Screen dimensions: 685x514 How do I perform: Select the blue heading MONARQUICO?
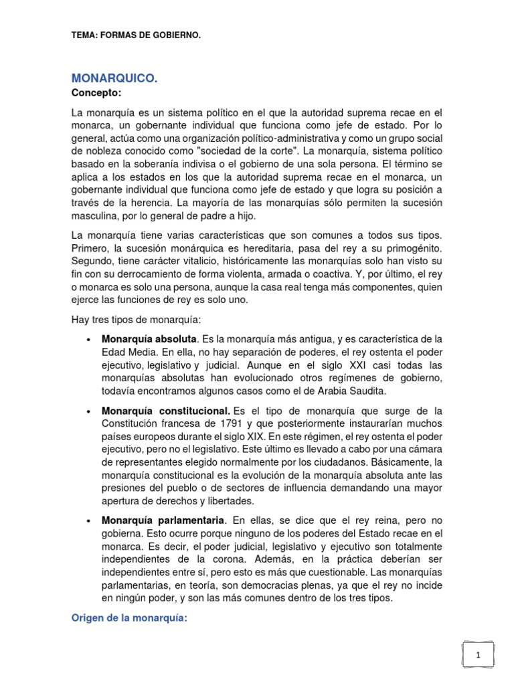[x=114, y=79]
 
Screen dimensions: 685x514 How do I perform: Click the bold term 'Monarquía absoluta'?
[x=149, y=338]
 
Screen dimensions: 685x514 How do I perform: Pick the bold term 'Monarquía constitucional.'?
[x=166, y=409]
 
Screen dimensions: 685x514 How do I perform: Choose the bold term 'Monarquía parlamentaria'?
[x=163, y=520]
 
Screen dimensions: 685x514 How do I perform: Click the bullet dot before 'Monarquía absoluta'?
[x=89, y=339]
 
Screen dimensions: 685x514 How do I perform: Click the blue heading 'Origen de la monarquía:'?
[x=130, y=619]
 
